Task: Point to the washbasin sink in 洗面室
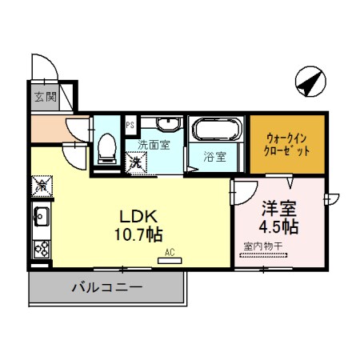167,126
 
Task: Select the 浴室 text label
214,157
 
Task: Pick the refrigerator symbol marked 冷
42,185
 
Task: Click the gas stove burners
42,247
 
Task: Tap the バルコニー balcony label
106,286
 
